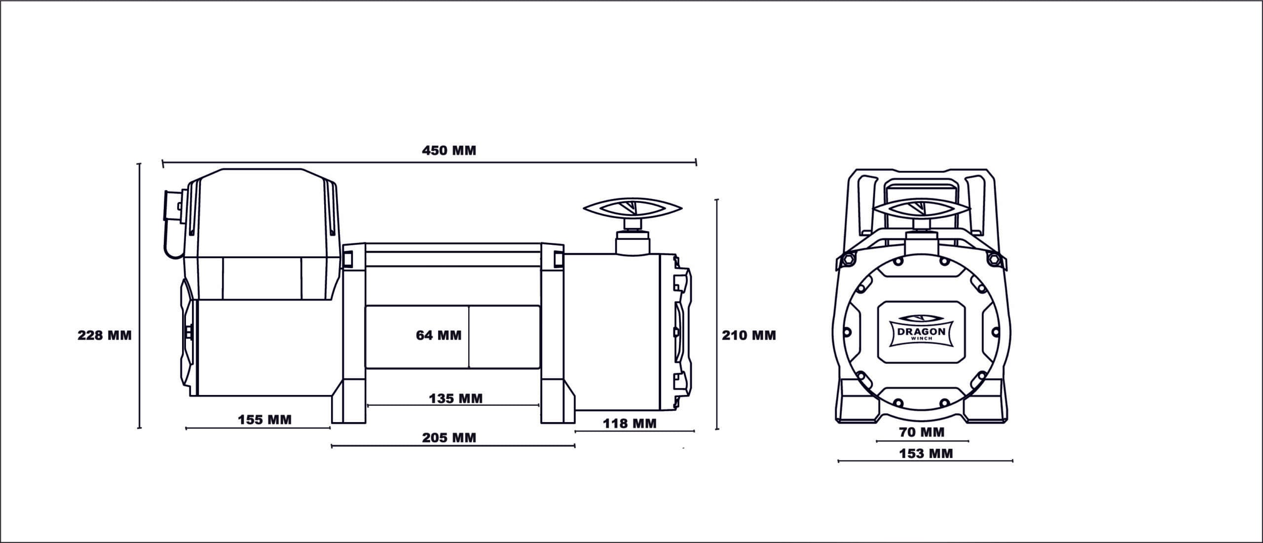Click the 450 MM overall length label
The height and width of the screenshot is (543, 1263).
point(449,151)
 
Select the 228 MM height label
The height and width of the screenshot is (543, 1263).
point(105,336)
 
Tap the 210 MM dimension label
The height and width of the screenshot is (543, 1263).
point(749,336)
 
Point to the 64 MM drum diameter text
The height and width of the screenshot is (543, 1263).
point(439,336)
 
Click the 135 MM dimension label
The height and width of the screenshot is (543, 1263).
point(455,398)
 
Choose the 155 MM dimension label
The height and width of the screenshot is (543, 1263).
point(265,420)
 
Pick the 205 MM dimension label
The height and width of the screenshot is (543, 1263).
point(449,438)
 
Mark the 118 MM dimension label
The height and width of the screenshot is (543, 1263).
point(630,423)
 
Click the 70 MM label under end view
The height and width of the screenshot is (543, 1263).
point(922,432)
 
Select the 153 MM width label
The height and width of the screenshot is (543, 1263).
point(926,453)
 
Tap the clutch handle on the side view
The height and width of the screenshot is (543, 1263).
point(632,210)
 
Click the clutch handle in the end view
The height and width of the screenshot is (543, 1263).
point(921,210)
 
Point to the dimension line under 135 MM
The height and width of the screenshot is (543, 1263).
point(453,405)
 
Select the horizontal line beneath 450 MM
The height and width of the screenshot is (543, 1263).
point(429,161)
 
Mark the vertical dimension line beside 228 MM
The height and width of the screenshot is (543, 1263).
point(140,296)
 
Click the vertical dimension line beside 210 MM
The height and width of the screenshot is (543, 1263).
point(717,316)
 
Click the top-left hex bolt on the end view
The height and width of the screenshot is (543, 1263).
point(845,259)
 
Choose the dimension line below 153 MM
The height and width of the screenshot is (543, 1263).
point(926,461)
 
